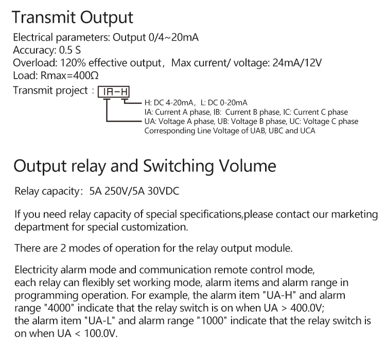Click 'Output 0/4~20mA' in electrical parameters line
(x=155, y=38)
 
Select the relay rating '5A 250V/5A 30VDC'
(x=134, y=192)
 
